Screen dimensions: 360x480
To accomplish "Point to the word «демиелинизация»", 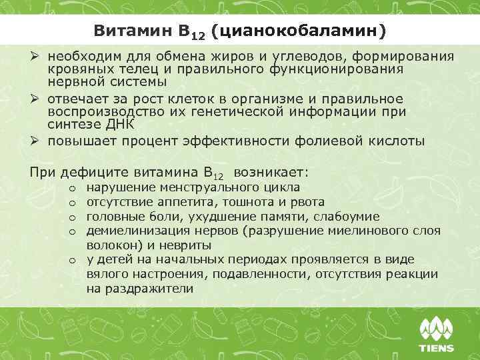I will pyautogui.click(x=136, y=231).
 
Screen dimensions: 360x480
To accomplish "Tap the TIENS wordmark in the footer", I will pyautogui.click(x=437, y=347).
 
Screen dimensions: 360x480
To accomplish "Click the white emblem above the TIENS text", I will pyautogui.click(x=437, y=328).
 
